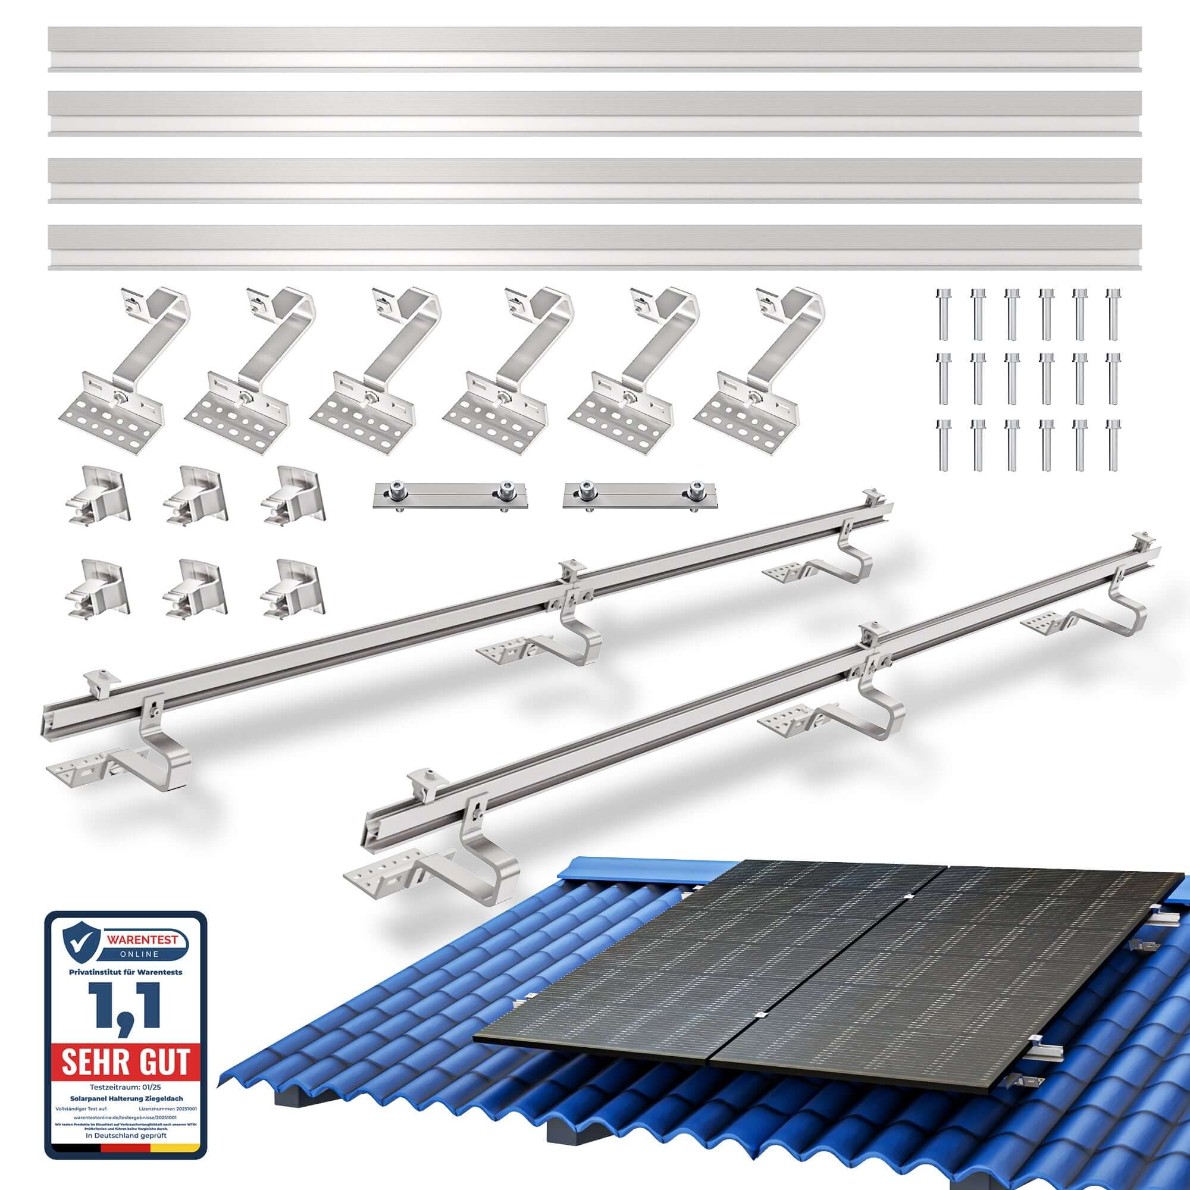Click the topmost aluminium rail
(594, 49)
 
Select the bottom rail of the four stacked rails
(594, 248)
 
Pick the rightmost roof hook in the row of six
(757, 369)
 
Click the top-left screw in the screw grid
(943, 314)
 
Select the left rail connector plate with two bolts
(451, 495)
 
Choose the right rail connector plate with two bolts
(641, 495)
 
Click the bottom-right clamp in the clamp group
(293, 588)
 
